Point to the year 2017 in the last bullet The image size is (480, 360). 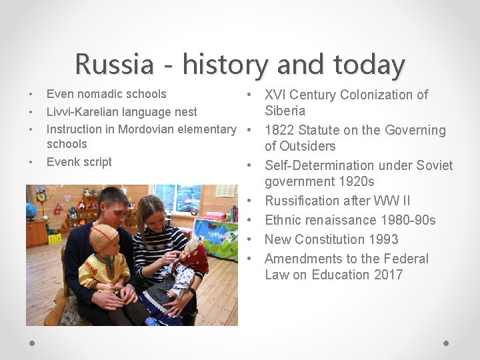click(x=387, y=275)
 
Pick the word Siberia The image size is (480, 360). click(x=285, y=111)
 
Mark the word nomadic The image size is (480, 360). click(x=99, y=94)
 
